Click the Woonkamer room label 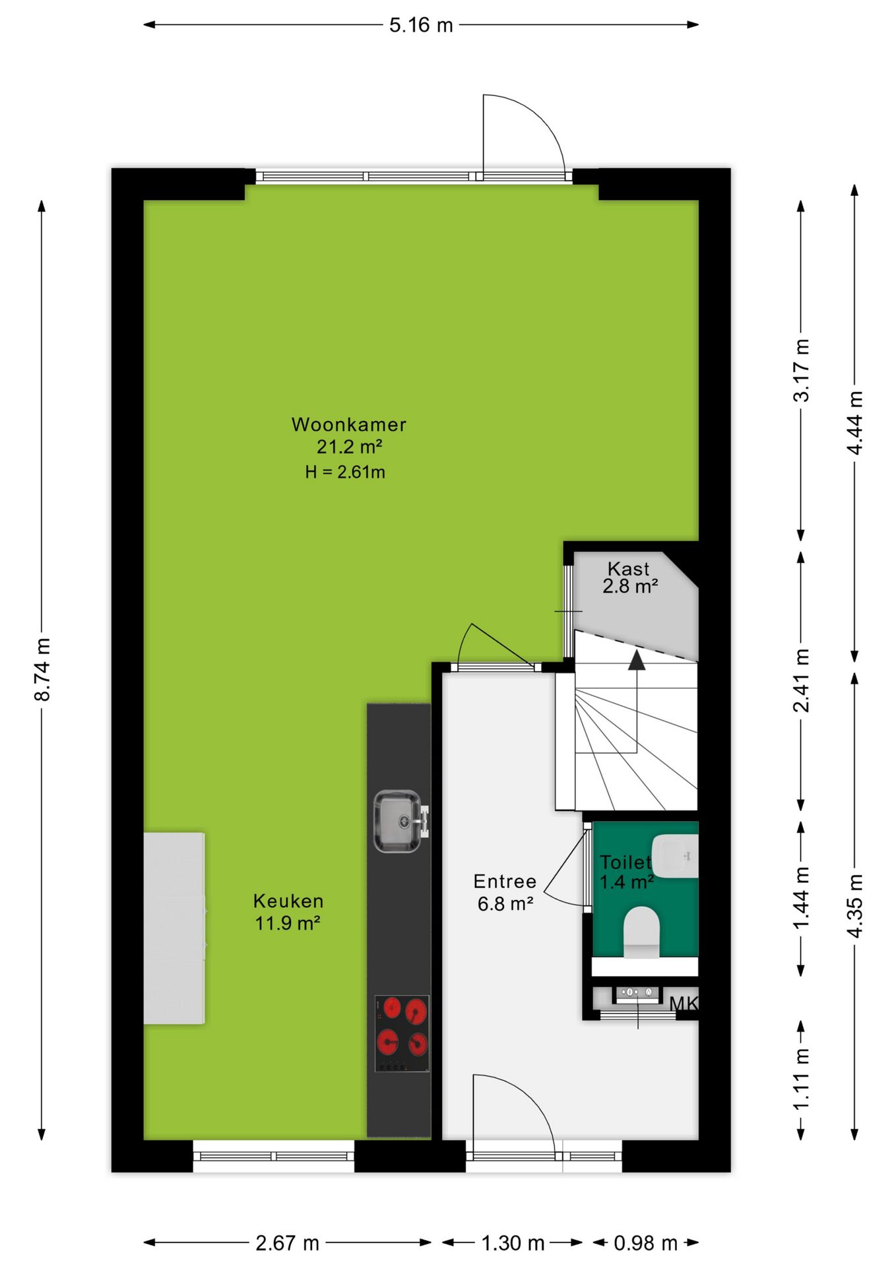tap(349, 424)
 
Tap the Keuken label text tap(288, 901)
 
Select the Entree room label tap(505, 881)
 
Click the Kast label tap(629, 568)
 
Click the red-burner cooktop tap(402, 1033)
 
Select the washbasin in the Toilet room tap(675, 856)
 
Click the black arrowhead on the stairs tap(637, 660)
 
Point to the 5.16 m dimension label tap(421, 25)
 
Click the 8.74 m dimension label tap(42, 670)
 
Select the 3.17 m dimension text tap(801, 370)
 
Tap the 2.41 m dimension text tap(801, 680)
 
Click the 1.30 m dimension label tap(513, 1243)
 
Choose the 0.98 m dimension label tap(645, 1243)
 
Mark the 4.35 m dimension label tap(855, 905)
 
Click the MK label tap(684, 1004)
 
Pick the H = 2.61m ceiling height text tap(345, 472)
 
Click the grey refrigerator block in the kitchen tap(174, 928)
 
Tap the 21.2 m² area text tap(349, 447)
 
